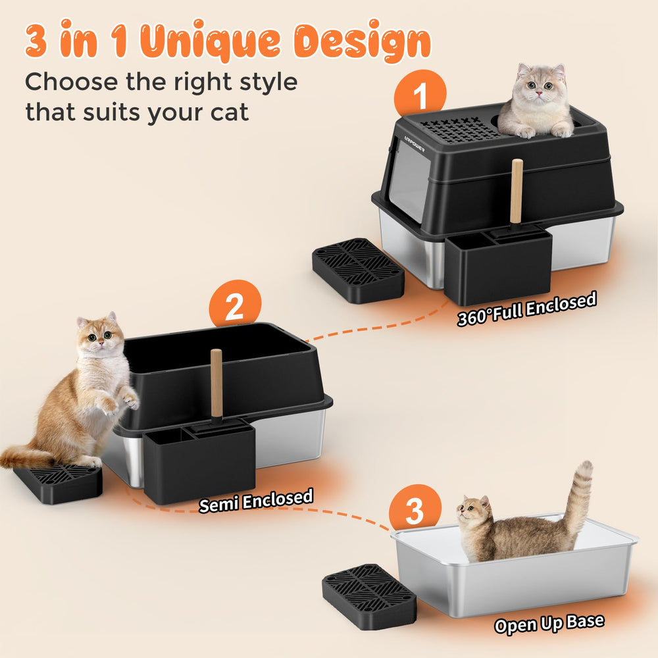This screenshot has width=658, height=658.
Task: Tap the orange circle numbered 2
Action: click(235, 305)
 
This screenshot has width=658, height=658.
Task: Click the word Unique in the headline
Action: click(210, 41)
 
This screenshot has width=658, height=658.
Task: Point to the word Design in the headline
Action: click(362, 41)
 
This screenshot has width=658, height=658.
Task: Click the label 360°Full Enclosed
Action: click(526, 309)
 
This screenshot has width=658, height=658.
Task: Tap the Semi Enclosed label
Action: click(256, 500)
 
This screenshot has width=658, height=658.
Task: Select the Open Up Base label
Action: click(549, 624)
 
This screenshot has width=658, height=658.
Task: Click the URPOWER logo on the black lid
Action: click(414, 143)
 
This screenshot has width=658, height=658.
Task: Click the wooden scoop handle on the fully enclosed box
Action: click(517, 191)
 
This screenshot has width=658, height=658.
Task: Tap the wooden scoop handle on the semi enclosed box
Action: click(216, 383)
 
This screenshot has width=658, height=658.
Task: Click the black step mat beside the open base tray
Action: click(370, 596)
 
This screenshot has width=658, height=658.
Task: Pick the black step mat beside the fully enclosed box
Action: click(359, 270)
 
